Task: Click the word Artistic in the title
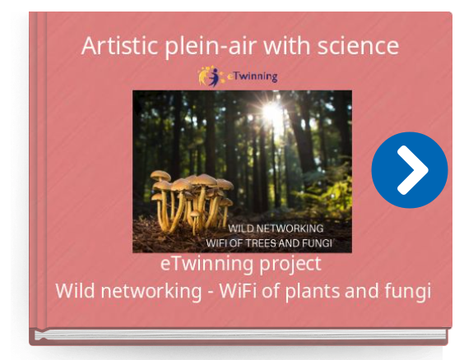tap(119, 46)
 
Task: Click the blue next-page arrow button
tap(410, 170)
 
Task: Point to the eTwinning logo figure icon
tap(210, 76)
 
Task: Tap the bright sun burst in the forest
tap(271, 110)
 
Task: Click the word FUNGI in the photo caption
tap(317, 243)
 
